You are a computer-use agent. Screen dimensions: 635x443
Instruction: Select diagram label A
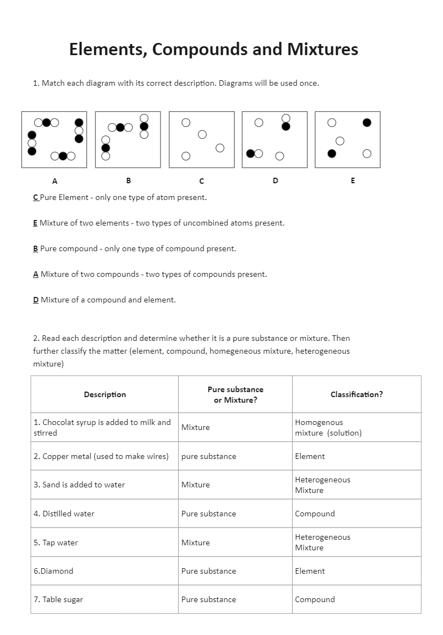[x=55, y=180]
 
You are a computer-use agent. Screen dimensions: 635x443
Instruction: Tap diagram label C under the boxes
[x=201, y=181]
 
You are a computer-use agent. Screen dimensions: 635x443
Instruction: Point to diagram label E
[x=353, y=180]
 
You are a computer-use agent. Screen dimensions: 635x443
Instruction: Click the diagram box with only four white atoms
[x=201, y=139]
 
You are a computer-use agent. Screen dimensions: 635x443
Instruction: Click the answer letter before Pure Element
[x=36, y=197]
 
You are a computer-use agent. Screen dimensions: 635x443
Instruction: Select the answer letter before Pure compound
[x=36, y=248]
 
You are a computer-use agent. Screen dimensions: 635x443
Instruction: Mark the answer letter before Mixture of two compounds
[x=36, y=274]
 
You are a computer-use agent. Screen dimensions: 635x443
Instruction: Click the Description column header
[x=105, y=394]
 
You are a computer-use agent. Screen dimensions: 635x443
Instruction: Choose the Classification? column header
[x=357, y=394]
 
